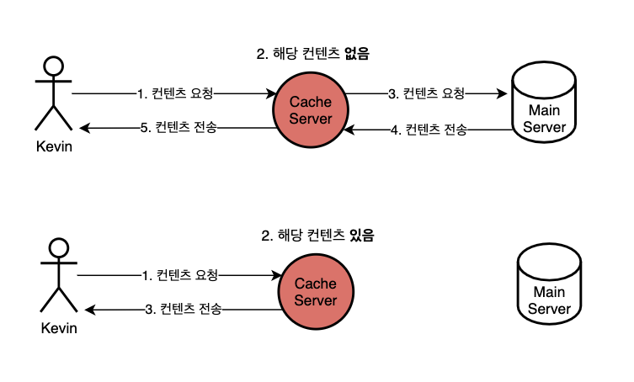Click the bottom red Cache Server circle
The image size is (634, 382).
pos(315,293)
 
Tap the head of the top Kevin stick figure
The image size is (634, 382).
pos(54,66)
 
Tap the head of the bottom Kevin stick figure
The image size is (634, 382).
pos(58,248)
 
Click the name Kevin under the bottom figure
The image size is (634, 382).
pos(58,327)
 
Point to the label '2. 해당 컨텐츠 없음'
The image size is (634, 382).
pos(312,54)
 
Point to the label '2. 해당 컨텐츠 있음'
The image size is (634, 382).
pos(317,236)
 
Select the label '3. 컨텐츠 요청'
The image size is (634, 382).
pos(426,93)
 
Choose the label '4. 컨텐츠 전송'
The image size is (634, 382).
pos(429,130)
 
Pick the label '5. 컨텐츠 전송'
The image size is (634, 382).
pos(178,128)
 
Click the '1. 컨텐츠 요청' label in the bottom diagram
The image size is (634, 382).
pos(180,275)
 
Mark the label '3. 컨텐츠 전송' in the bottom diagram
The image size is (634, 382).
pos(183,310)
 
